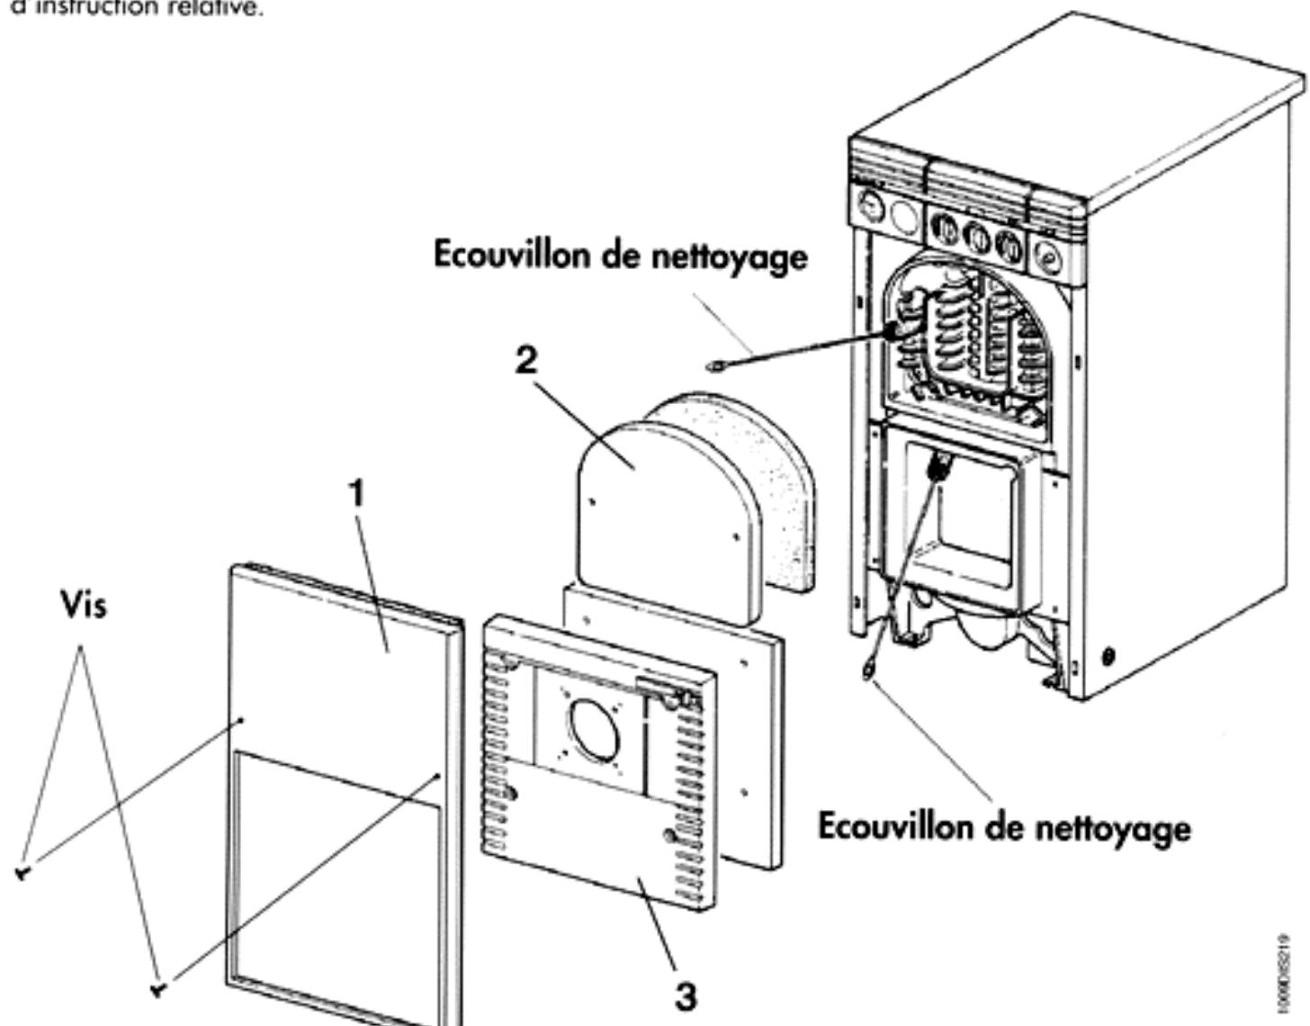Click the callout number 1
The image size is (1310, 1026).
coord(358,494)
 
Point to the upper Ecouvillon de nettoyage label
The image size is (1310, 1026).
coord(620,256)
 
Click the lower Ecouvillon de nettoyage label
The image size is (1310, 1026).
coord(1004,826)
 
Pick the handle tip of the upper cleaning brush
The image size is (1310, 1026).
coord(713,365)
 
